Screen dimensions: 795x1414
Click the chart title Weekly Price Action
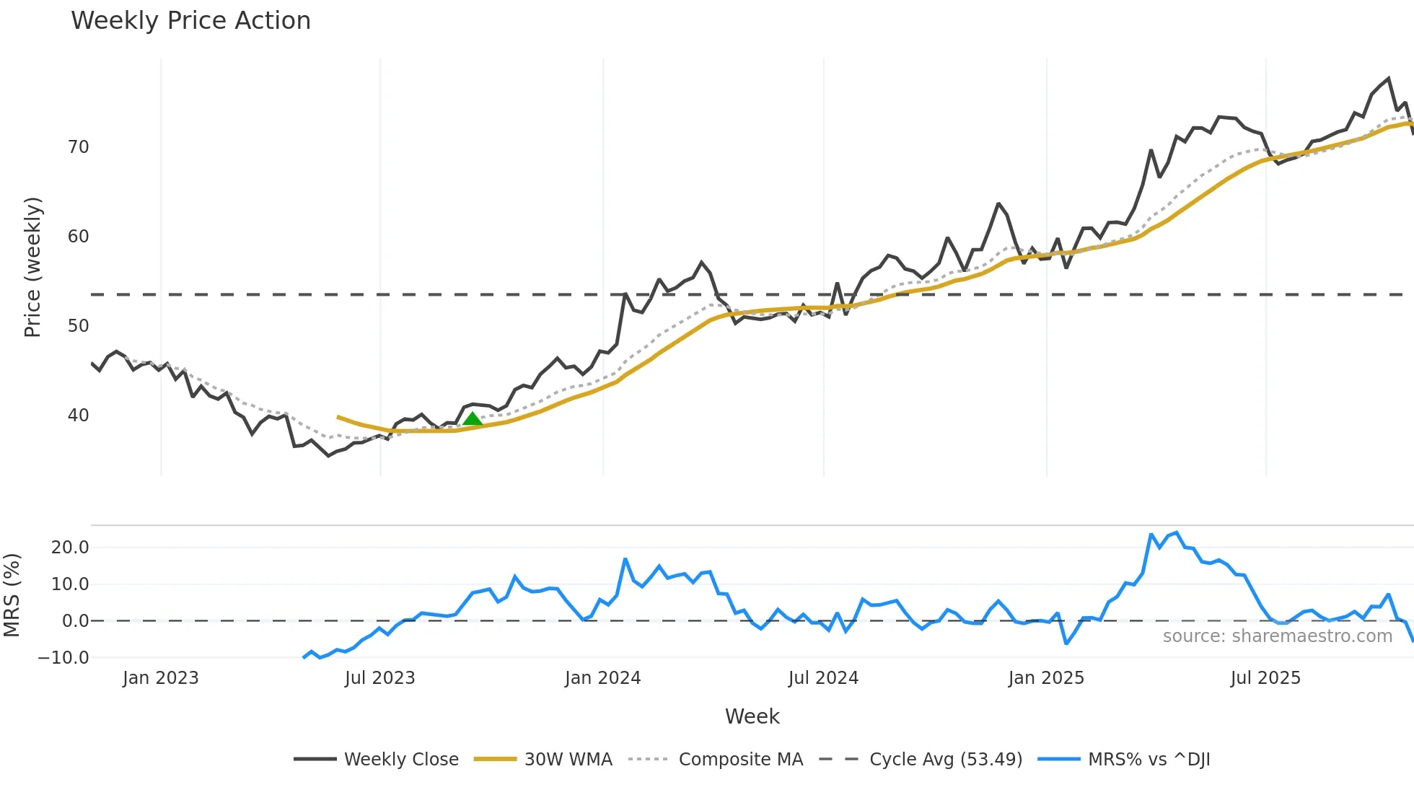tap(190, 21)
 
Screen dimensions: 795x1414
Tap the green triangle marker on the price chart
tap(473, 418)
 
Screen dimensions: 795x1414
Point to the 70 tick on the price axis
tap(78, 147)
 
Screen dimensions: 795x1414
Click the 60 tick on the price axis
tap(78, 237)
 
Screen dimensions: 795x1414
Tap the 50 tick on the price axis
tap(78, 326)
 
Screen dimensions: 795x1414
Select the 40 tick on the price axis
tap(78, 416)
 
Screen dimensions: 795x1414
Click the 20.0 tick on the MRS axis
tap(70, 548)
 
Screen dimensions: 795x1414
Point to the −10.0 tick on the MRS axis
tap(63, 658)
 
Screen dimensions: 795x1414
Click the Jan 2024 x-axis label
tap(602, 678)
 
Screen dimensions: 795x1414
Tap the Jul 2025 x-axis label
tap(1265, 678)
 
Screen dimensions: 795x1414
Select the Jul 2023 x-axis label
tap(379, 678)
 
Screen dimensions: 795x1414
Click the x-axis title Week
tap(752, 716)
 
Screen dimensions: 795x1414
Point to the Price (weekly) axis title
tap(32, 267)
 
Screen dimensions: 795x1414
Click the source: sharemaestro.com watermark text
tap(1277, 636)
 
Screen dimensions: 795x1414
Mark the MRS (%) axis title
tap(12, 595)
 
